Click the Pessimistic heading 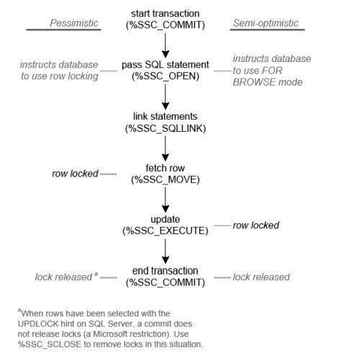point(74,23)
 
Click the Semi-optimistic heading point(266,23)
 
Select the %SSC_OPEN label point(166,76)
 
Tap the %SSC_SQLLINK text point(166,128)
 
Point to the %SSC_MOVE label point(166,179)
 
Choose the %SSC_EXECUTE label point(166,231)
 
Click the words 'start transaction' point(166,14)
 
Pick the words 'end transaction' point(166,271)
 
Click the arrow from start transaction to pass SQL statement point(166,45)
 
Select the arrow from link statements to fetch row point(166,148)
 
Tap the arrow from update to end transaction point(166,251)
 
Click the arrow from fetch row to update point(166,200)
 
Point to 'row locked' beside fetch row point(75,174)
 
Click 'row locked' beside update point(256,226)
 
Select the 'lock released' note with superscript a point(66,277)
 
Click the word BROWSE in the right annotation point(251,82)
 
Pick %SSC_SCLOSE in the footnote point(50,344)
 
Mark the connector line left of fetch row point(109,174)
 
